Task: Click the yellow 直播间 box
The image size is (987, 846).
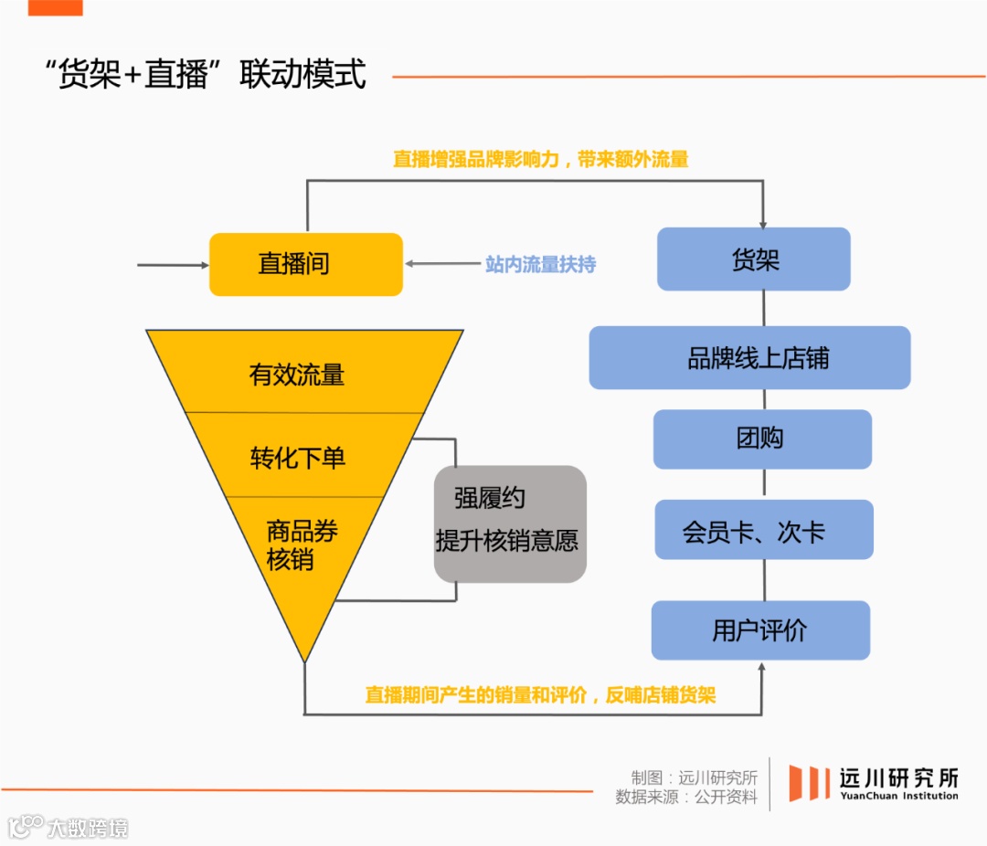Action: pyautogui.click(x=305, y=264)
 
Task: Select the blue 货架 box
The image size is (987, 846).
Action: pyautogui.click(x=754, y=259)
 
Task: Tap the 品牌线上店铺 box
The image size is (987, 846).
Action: pyautogui.click(x=749, y=357)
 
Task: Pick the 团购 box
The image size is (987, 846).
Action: pyautogui.click(x=762, y=439)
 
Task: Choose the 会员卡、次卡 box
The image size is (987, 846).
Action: pyautogui.click(x=764, y=530)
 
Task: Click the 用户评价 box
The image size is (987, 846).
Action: pyautogui.click(x=760, y=630)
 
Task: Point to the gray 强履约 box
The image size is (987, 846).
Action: pyautogui.click(x=509, y=523)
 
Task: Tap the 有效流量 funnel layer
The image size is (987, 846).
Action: pyautogui.click(x=298, y=374)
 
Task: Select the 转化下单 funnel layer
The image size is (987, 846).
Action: pyautogui.click(x=298, y=456)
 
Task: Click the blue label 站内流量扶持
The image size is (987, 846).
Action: pyautogui.click(x=540, y=264)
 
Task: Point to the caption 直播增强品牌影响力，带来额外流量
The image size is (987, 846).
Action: pyautogui.click(x=540, y=159)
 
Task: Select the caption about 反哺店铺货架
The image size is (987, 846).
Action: pyautogui.click(x=540, y=694)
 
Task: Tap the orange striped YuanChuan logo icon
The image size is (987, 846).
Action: pyautogui.click(x=809, y=783)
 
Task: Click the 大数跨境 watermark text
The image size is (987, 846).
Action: pyautogui.click(x=88, y=828)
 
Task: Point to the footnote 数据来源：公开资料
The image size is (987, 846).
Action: pyautogui.click(x=686, y=797)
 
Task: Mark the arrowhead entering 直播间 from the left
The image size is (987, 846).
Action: pyautogui.click(x=204, y=265)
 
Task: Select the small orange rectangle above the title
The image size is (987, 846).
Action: pyautogui.click(x=55, y=7)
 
